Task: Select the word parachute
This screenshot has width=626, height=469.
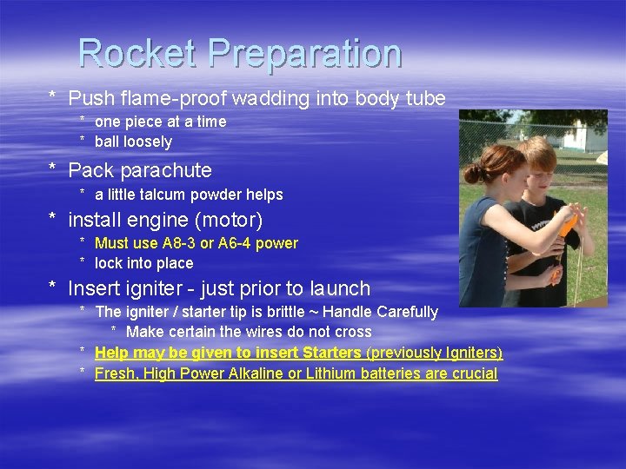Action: click(168, 170)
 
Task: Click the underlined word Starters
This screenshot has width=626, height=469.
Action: click(331, 353)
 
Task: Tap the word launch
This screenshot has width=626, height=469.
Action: click(340, 288)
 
